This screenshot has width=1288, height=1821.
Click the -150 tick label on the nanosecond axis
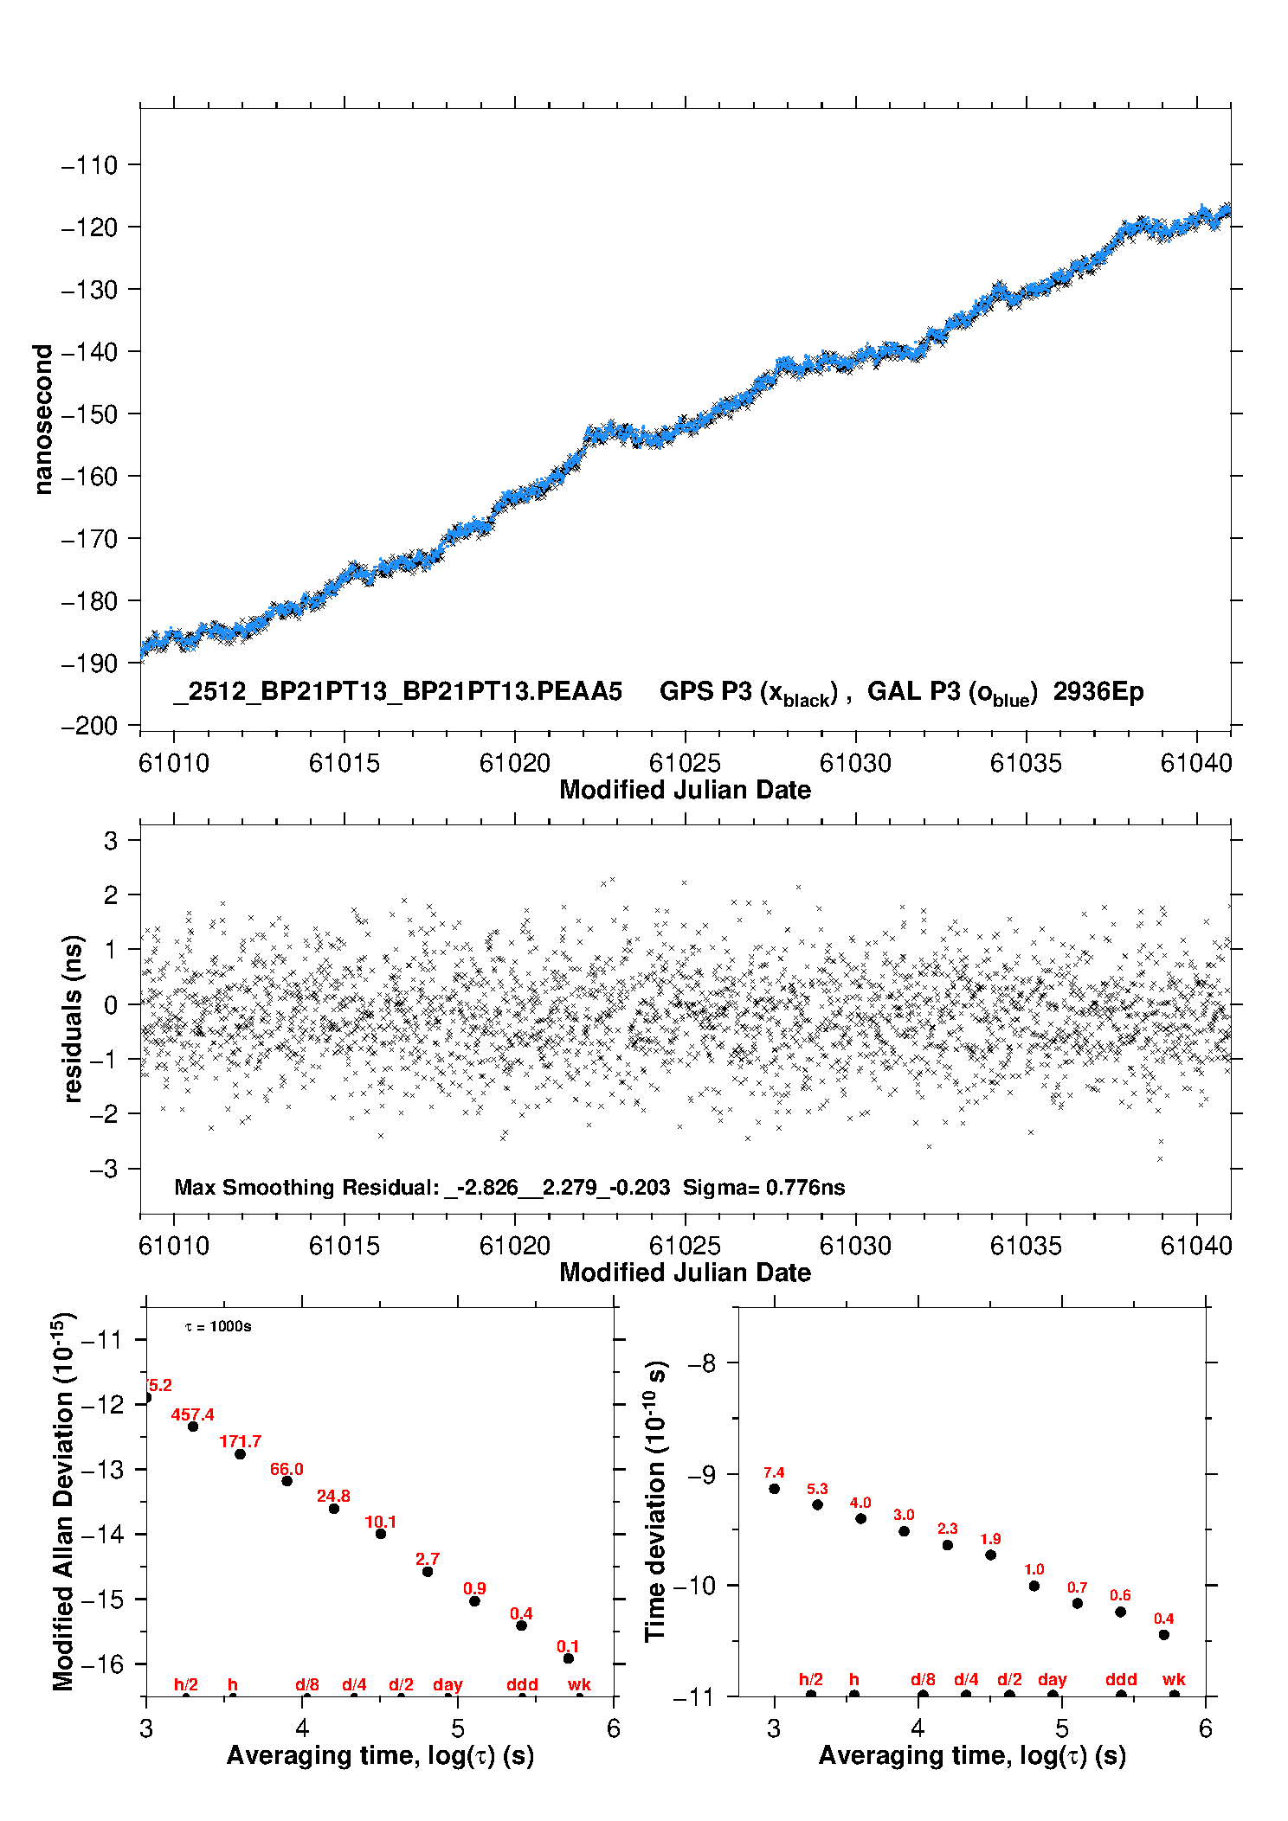point(89,414)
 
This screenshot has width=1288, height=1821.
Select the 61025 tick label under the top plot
point(685,763)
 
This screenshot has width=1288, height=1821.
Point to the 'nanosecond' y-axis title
point(42,419)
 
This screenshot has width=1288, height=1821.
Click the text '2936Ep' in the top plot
point(1098,692)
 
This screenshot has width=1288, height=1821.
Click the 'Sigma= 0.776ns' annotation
point(763,1187)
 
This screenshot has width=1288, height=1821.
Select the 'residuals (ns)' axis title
point(74,1018)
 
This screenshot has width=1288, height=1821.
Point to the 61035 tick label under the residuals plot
point(1025,1246)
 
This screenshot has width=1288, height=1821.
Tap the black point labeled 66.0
point(287,1481)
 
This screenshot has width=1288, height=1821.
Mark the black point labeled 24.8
point(334,1509)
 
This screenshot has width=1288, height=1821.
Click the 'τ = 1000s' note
point(218,1327)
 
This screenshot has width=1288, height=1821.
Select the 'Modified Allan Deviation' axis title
point(63,1501)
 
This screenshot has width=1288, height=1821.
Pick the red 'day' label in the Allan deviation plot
point(448,1685)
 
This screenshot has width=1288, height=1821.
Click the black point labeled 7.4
point(774,1489)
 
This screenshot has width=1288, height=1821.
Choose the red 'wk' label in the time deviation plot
point(1173,1680)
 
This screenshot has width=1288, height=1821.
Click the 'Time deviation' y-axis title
point(655,1501)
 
